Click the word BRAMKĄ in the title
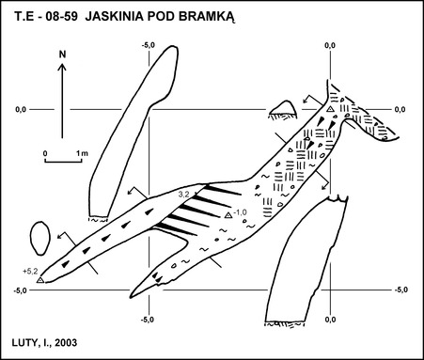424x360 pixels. pos(206,17)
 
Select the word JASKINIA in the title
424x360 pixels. pos(114,16)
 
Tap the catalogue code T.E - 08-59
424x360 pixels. pos(46,16)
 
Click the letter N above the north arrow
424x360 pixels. pos(63,55)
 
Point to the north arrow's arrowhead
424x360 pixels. pos(62,67)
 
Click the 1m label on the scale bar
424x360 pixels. pos(83,153)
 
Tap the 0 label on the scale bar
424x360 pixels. pos(45,153)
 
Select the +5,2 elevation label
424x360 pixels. pos(30,272)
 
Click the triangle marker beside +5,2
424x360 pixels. pos(40,280)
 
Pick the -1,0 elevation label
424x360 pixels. pos(240,212)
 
